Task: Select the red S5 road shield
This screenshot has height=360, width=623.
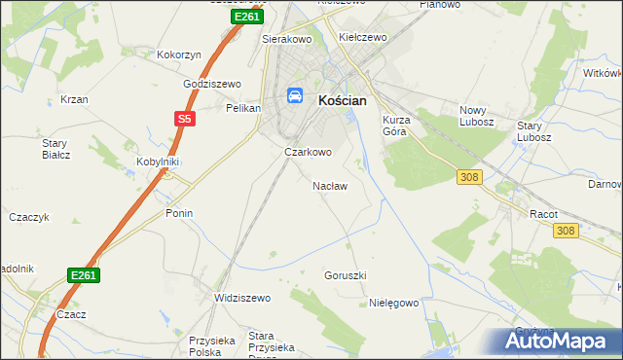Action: coord(185,120)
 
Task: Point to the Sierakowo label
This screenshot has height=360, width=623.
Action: coord(285,40)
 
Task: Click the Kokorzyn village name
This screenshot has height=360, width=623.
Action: coord(178,55)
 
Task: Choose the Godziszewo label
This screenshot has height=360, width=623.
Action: coord(212,85)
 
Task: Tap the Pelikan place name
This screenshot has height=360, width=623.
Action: coord(242,108)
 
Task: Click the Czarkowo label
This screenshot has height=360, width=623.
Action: coord(308,152)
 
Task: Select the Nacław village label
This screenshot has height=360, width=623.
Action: coord(329,185)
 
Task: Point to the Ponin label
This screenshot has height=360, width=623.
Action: coord(179,213)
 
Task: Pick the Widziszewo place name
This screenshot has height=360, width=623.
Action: coord(241,298)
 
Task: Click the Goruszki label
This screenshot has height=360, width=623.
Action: coord(345,275)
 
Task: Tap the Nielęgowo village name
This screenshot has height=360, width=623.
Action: coord(394,303)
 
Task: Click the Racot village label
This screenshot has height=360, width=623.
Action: coord(542,212)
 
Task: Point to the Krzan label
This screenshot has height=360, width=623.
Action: coord(74,99)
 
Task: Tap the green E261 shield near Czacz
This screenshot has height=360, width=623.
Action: coord(84,276)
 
